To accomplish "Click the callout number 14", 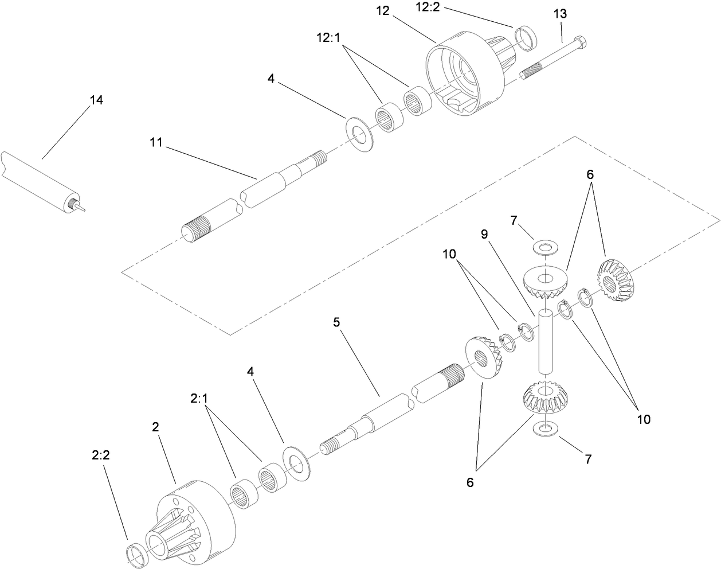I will [96, 100].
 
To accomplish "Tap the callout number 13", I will [560, 13].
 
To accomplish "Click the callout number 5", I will [336, 322].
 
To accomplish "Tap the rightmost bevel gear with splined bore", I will [618, 282].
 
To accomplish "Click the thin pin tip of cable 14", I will [84, 210].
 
